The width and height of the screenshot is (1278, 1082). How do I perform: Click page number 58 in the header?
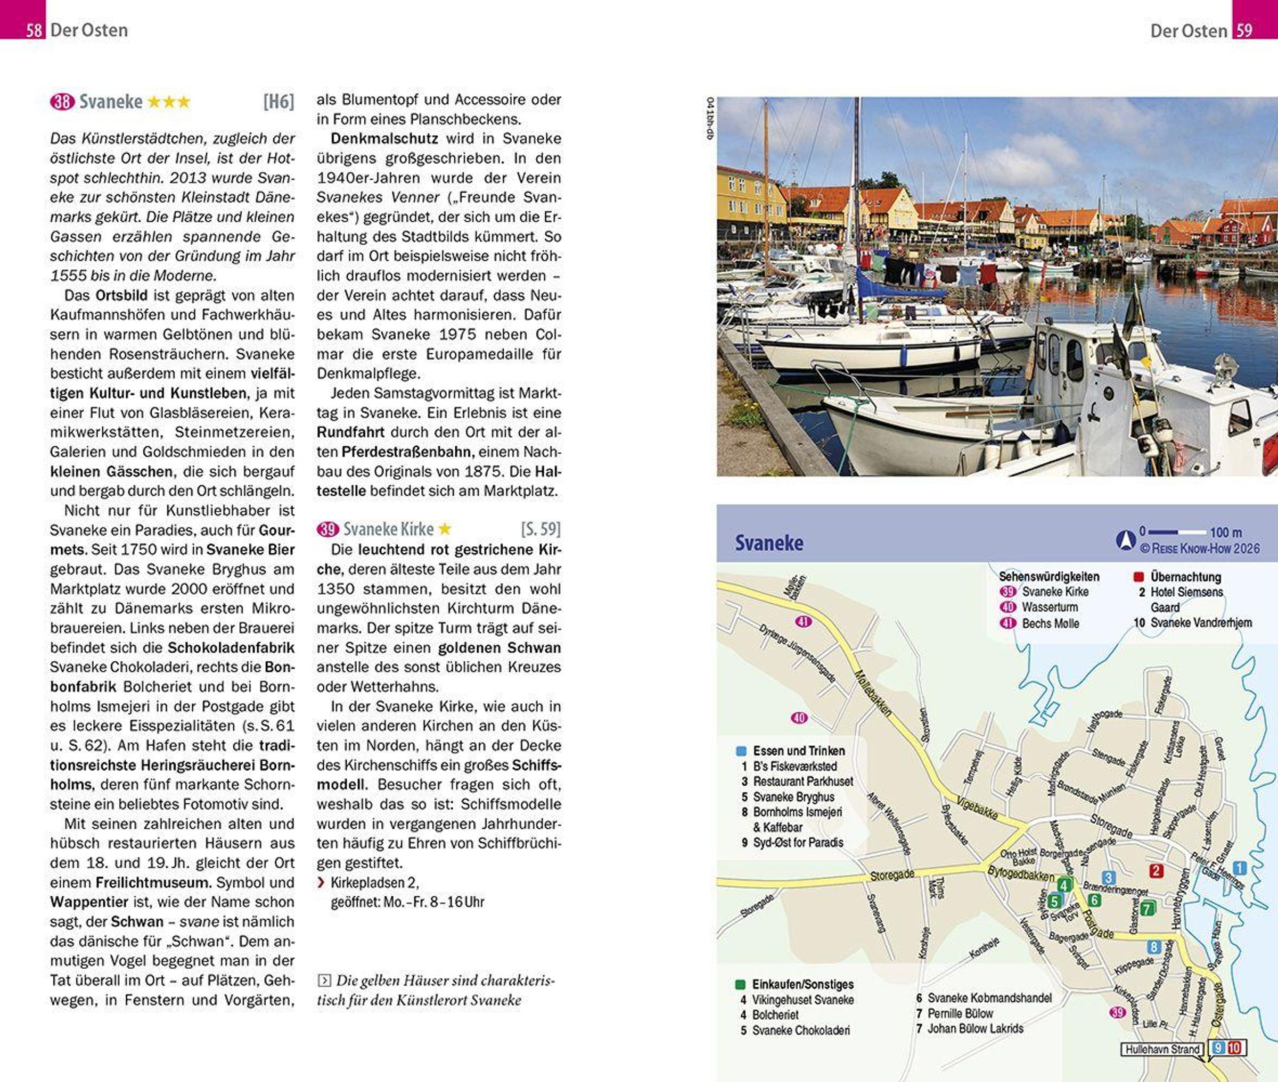pyautogui.click(x=34, y=30)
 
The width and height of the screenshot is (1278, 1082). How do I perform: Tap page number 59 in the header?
pyautogui.click(x=1243, y=30)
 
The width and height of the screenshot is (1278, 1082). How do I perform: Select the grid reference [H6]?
pyautogui.click(x=278, y=101)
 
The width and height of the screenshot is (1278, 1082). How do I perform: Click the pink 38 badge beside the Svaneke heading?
pyautogui.click(x=62, y=101)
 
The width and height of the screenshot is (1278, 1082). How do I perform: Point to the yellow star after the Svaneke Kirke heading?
pyautogui.click(x=445, y=528)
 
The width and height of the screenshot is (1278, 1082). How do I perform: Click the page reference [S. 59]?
pyautogui.click(x=540, y=529)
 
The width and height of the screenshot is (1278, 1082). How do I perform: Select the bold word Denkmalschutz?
pyautogui.click(x=384, y=139)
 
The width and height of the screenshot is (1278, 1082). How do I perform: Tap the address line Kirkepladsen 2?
pyautogui.click(x=374, y=882)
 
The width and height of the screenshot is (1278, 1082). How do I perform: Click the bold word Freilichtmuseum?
pyautogui.click(x=153, y=882)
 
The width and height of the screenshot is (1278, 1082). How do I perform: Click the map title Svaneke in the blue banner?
pyautogui.click(x=769, y=543)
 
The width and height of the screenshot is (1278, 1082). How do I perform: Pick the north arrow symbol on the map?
pyautogui.click(x=1125, y=540)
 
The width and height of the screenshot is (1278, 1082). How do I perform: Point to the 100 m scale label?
pyautogui.click(x=1226, y=532)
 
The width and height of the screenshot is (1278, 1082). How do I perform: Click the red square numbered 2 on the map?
pyautogui.click(x=1157, y=870)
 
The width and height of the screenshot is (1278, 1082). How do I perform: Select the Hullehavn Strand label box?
pyautogui.click(x=1162, y=1049)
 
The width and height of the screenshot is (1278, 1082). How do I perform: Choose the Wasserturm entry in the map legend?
pyautogui.click(x=1050, y=607)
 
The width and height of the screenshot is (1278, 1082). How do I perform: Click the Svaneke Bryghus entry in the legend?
pyautogui.click(x=793, y=797)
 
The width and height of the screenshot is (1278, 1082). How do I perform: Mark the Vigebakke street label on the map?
pyautogui.click(x=977, y=809)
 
